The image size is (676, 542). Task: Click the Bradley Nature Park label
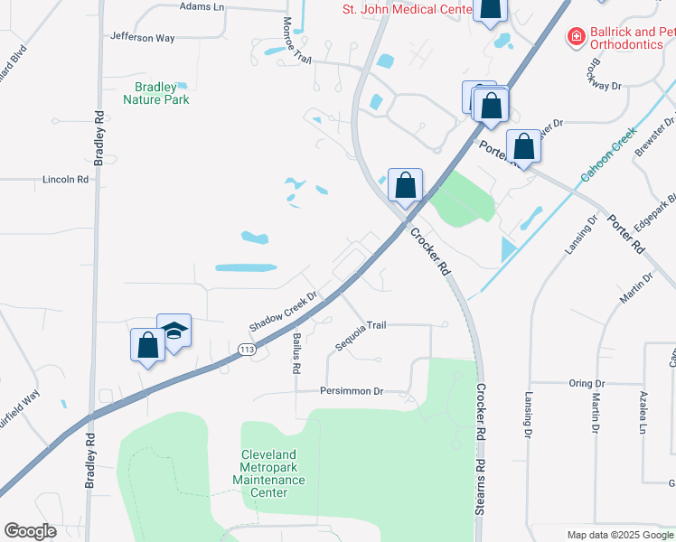(x=156, y=93)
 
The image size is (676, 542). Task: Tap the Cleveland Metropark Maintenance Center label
(x=273, y=473)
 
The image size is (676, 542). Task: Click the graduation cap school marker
(x=174, y=331)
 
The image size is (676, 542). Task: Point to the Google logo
(x=30, y=531)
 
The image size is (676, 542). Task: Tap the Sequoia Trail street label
(x=361, y=325)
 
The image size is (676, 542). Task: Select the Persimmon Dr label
(x=352, y=391)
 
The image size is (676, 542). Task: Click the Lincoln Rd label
(x=66, y=180)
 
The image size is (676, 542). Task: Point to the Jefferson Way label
(x=142, y=38)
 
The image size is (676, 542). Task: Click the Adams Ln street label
(x=202, y=6)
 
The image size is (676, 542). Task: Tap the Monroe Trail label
(x=296, y=41)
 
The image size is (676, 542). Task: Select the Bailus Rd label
(x=296, y=352)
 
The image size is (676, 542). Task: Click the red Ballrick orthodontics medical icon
(x=575, y=36)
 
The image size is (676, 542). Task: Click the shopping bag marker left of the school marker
(x=146, y=344)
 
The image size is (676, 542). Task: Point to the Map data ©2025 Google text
(x=619, y=535)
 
